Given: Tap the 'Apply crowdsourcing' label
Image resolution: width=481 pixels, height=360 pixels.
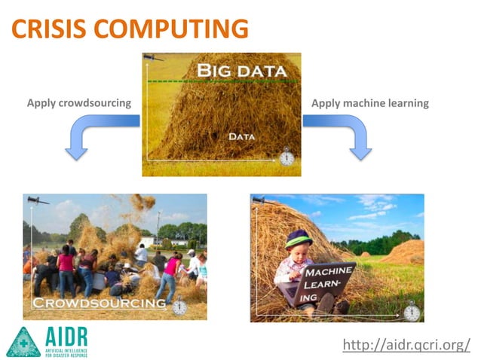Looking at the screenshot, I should click(79, 103).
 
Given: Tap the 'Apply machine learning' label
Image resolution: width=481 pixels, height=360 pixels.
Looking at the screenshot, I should click(370, 103).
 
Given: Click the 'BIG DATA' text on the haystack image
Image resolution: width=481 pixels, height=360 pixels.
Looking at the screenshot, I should click(241, 72).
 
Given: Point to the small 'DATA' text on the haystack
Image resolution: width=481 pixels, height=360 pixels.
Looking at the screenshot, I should click(241, 137).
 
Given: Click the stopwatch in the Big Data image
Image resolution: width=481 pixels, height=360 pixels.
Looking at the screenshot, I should click(286, 157).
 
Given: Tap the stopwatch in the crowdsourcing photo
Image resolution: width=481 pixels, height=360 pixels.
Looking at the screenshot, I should click(179, 307).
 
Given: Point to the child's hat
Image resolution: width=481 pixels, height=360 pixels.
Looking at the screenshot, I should click(299, 239).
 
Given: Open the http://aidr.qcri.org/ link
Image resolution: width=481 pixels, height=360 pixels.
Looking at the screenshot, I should click(406, 345).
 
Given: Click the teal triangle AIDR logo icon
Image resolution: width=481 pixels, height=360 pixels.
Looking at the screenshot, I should click(23, 342).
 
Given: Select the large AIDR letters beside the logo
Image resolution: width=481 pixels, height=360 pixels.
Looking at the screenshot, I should click(66, 336).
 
